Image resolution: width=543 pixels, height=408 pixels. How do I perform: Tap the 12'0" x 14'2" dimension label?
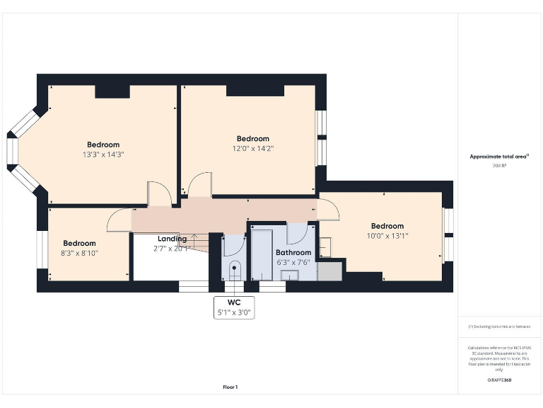point(252,149)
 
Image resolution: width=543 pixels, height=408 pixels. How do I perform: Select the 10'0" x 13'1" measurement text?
point(387,236)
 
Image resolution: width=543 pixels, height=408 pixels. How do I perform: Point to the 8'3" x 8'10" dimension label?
point(79,252)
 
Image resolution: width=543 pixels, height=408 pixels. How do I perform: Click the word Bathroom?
point(293,252)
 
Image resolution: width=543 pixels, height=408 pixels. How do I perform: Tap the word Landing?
point(172,239)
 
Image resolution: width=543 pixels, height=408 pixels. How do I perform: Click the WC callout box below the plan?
point(233,307)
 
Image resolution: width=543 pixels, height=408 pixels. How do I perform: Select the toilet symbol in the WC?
point(235,268)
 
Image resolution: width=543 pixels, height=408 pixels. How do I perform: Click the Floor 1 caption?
point(230,387)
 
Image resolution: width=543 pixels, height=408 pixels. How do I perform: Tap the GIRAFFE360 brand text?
point(499,380)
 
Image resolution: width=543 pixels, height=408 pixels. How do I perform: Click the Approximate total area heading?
point(499,157)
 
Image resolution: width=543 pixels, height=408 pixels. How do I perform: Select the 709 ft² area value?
point(499,166)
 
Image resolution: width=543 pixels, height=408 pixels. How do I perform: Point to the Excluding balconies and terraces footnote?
point(499,327)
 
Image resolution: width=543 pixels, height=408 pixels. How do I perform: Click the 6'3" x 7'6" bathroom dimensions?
point(293,262)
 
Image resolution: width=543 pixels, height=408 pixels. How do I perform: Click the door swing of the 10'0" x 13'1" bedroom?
point(329,210)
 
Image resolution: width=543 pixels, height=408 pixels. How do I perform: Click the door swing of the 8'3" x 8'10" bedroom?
point(119,221)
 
